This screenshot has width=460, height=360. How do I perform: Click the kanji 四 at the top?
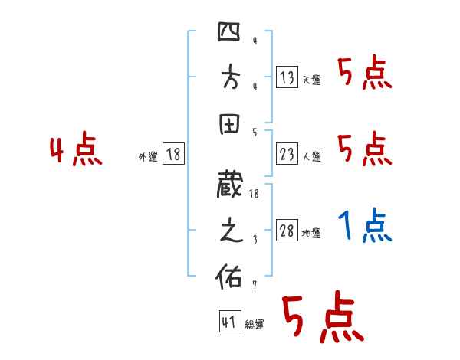[x=230, y=34]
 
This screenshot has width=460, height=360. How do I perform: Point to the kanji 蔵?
[x=230, y=186]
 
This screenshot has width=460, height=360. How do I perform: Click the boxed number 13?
[x=287, y=77]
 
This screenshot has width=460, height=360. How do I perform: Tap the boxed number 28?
[x=287, y=231]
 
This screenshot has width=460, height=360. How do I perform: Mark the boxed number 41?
[x=228, y=322]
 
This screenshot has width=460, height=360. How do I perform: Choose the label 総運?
[x=255, y=325]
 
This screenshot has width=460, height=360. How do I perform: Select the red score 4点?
[x=76, y=150]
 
